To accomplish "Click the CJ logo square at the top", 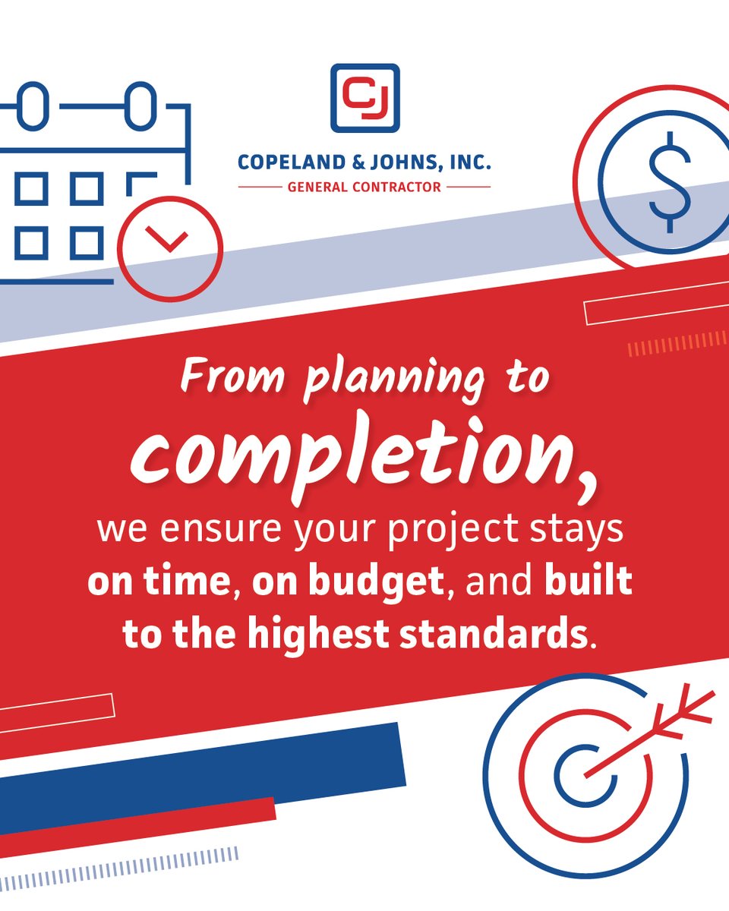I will coord(364,98).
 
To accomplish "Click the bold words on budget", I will coord(349,582).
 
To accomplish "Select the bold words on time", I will coord(159,582).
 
